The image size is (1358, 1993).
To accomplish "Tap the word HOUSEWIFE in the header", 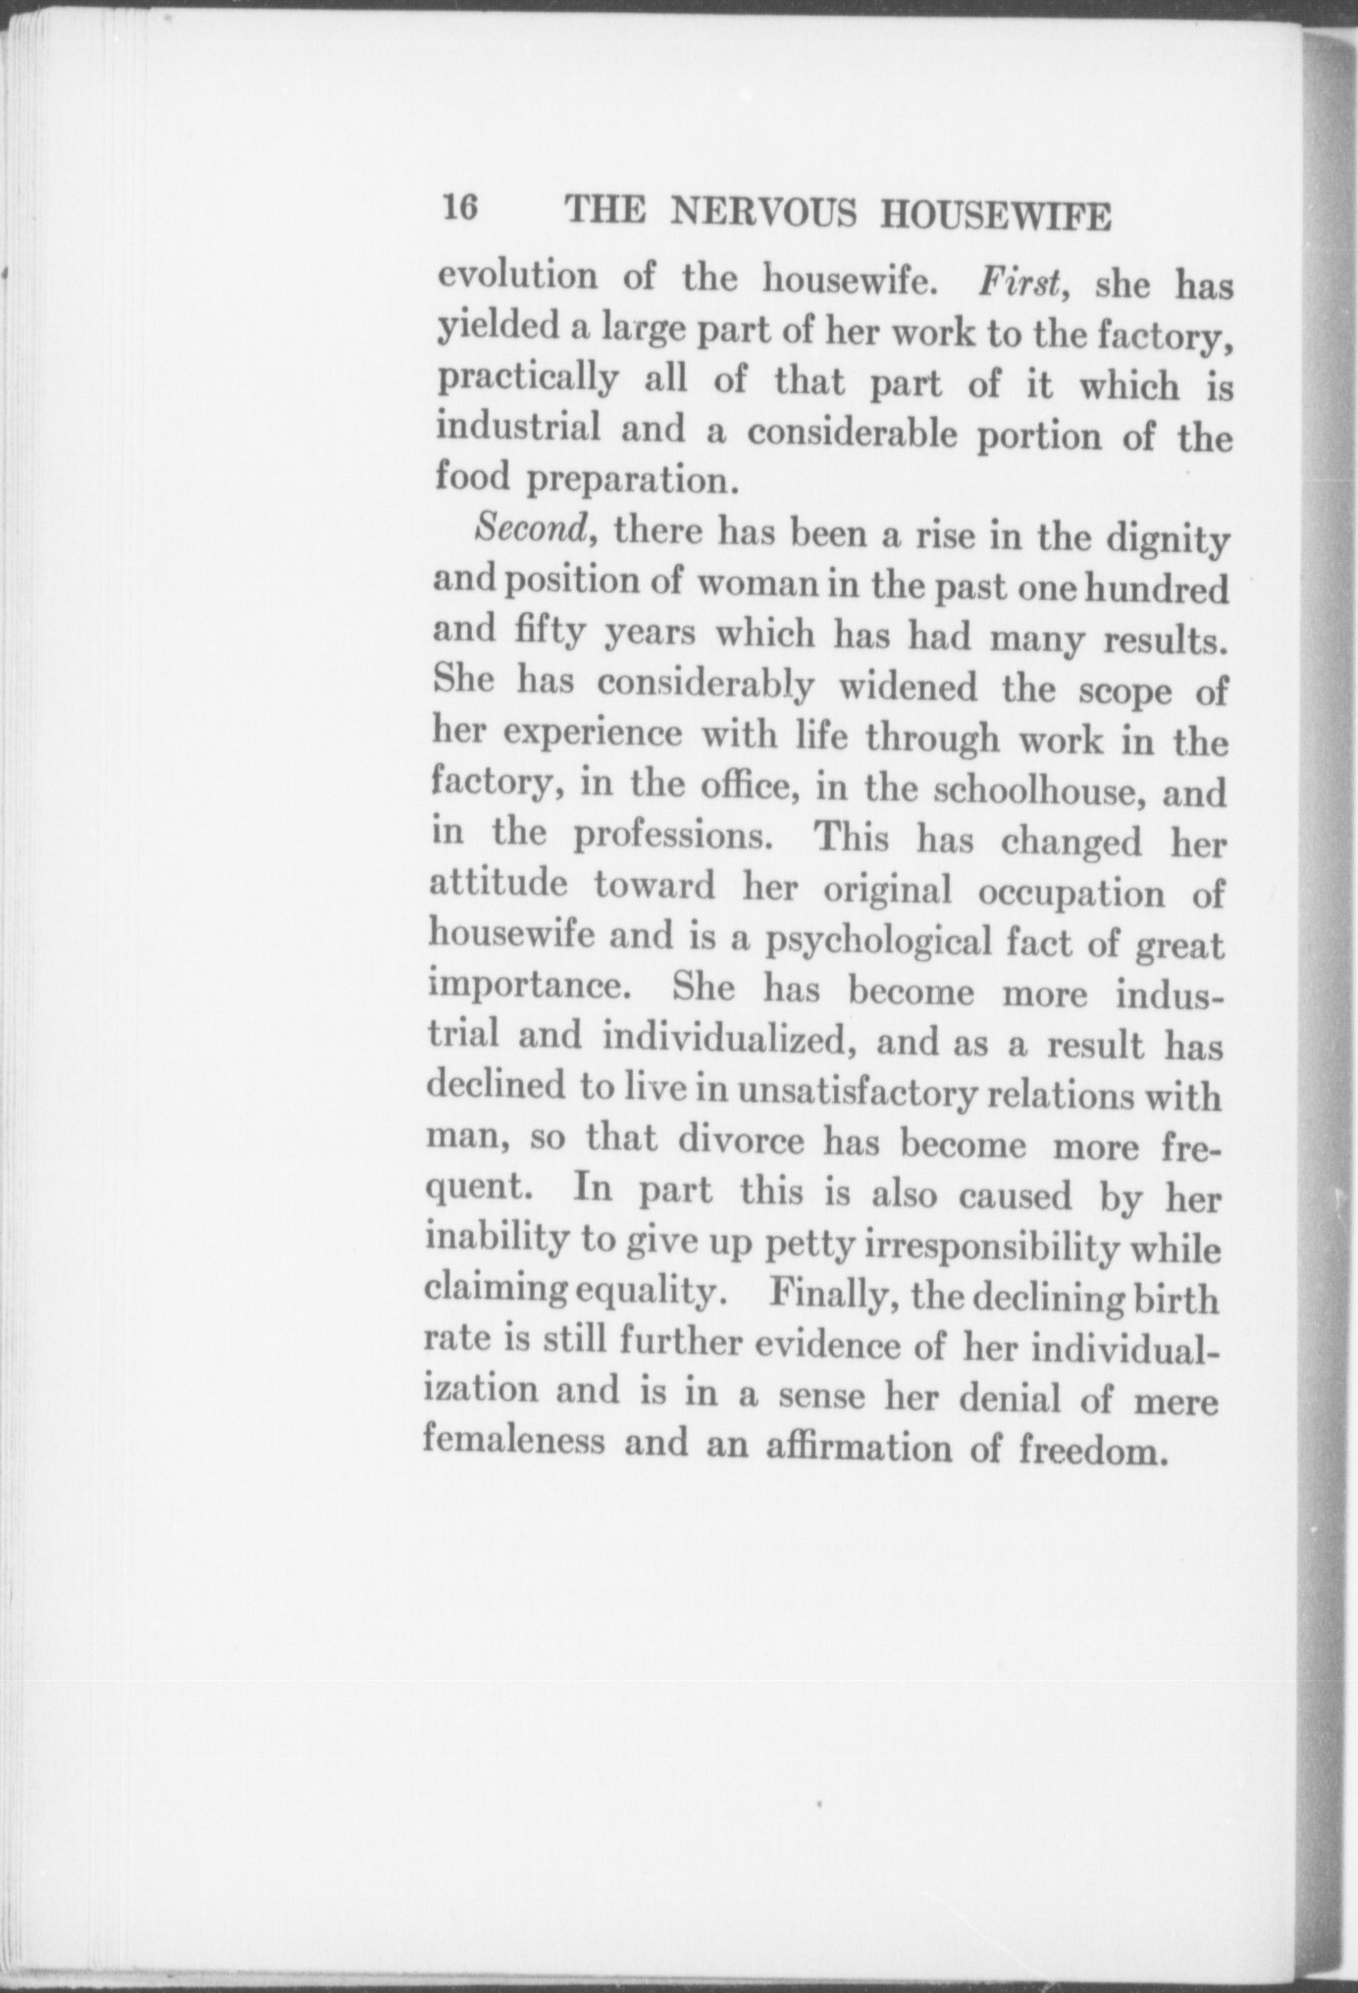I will pos(995,216).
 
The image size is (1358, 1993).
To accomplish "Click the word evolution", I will pos(516,276).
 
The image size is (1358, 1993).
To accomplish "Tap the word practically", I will pos(528,380).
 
